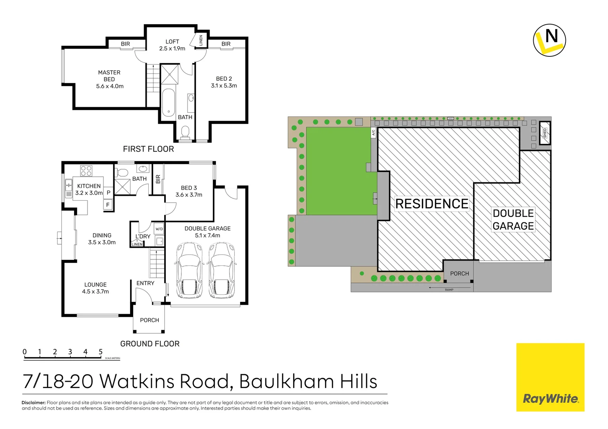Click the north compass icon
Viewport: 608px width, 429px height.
(x=549, y=40)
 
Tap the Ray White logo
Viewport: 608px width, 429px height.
(x=550, y=399)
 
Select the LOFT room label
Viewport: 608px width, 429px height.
(x=172, y=42)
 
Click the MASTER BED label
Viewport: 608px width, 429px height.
(x=109, y=76)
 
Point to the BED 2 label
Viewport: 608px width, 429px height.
(x=224, y=79)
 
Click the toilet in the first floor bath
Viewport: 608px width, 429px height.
(x=185, y=131)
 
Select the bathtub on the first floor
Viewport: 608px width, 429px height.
(x=168, y=102)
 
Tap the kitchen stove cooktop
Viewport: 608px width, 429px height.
(x=86, y=171)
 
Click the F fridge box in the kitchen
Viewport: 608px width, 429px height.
(x=108, y=205)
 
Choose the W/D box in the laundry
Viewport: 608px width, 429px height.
(x=159, y=229)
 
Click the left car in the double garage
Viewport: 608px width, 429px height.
(x=190, y=271)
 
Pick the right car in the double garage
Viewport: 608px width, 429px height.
(x=222, y=271)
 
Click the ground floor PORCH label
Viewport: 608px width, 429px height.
(x=150, y=320)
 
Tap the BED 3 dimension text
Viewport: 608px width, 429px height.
(x=189, y=195)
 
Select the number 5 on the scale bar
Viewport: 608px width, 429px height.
(x=101, y=352)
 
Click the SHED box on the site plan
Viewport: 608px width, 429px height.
(x=545, y=133)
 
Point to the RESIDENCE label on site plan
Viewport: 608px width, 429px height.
(x=432, y=204)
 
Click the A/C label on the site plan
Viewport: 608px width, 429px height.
(x=373, y=133)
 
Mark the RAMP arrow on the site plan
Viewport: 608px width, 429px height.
(x=441, y=287)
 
